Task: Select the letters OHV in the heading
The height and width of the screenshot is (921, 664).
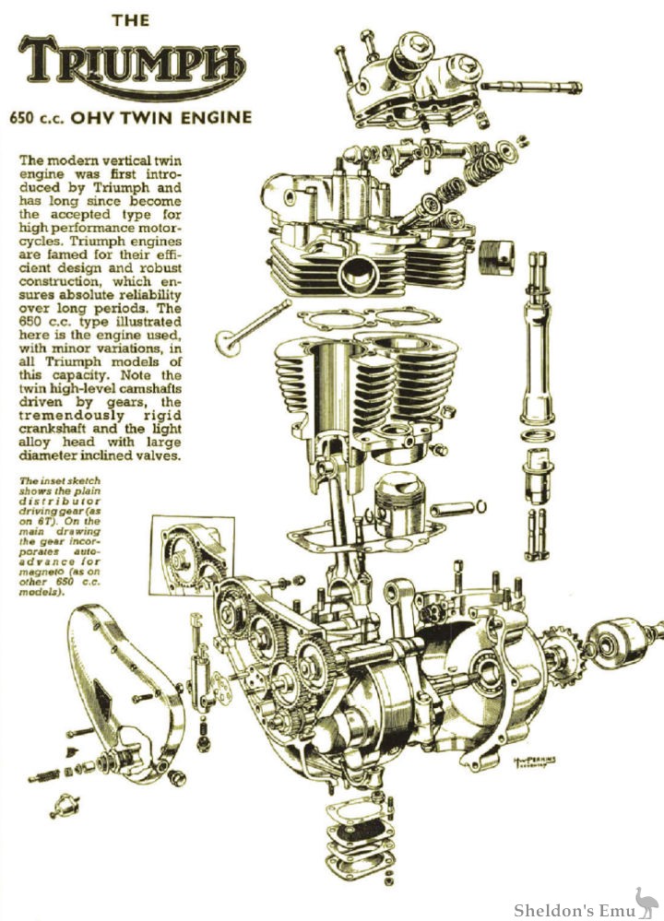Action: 111,117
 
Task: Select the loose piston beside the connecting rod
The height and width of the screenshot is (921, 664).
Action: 399,508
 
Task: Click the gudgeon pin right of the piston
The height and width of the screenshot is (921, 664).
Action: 458,506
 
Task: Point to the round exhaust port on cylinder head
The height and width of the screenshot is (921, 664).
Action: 355,272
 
